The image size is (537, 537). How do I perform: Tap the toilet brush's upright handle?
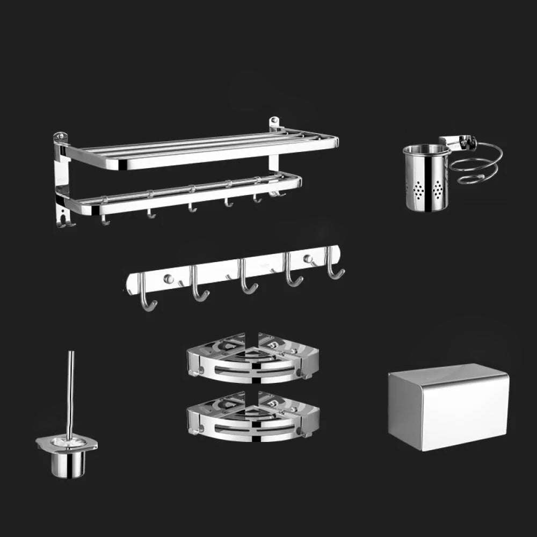click(70, 392)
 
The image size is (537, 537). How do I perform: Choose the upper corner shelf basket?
click(252, 358)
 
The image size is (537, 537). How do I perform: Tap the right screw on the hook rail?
click(308, 259)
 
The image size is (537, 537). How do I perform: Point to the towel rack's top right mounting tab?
click(274, 123)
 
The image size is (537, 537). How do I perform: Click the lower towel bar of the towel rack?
click(183, 197)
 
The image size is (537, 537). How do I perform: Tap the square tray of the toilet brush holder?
click(67, 442)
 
